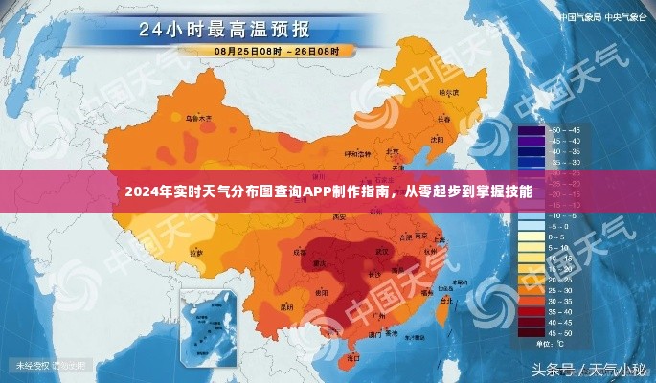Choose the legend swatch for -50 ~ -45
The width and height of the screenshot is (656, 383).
[530, 129]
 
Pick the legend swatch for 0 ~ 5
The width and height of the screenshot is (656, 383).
[530, 237]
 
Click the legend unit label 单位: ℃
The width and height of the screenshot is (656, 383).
[548, 343]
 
